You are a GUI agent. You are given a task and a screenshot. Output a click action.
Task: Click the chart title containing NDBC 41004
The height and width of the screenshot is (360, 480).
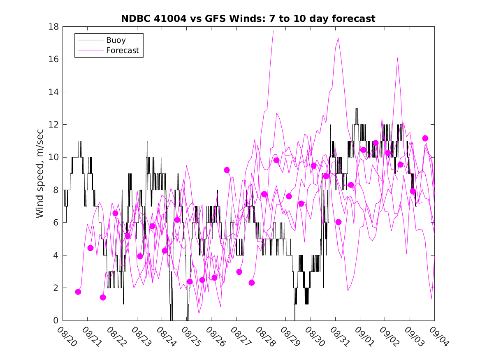point(248,19)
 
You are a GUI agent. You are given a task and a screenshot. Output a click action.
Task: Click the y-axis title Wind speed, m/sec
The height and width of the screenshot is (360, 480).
point(40,173)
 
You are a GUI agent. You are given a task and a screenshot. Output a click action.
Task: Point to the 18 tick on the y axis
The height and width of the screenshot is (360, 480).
point(54,27)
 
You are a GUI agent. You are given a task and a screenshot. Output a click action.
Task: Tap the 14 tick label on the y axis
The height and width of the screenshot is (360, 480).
point(54,92)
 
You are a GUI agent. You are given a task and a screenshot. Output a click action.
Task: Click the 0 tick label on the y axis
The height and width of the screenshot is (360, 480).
point(56,321)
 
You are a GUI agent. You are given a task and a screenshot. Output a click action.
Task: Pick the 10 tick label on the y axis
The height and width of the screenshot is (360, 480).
point(54,157)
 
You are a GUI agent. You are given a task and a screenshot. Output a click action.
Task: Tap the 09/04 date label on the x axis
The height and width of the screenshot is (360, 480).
point(438,337)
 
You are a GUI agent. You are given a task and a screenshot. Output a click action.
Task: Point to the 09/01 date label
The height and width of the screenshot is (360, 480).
point(364,337)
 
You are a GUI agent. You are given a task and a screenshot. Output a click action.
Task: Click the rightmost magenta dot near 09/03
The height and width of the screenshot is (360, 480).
point(425,138)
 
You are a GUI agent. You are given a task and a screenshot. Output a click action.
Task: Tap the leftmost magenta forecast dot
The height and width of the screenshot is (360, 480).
point(78,292)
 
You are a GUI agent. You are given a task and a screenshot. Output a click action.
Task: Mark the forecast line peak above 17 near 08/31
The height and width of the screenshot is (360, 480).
point(338,38)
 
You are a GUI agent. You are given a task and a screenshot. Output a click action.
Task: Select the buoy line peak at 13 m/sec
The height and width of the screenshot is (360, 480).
point(357,108)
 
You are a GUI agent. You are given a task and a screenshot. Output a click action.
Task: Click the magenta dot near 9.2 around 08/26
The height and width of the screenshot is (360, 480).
point(227,170)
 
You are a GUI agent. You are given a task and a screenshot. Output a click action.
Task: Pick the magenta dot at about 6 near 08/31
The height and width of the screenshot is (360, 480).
point(339,222)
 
